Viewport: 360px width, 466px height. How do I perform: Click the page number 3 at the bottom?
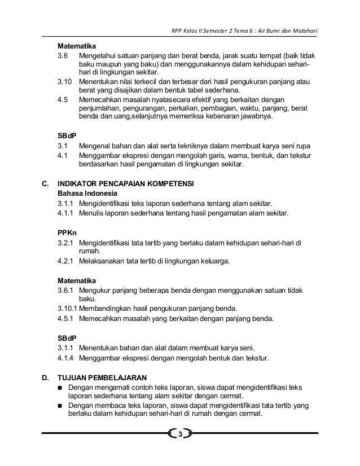pos(180,434)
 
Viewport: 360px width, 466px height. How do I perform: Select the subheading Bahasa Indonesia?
pos(85,193)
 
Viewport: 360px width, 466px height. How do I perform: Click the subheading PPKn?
pos(67,232)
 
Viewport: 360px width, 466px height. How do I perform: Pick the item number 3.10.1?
pos(68,309)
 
